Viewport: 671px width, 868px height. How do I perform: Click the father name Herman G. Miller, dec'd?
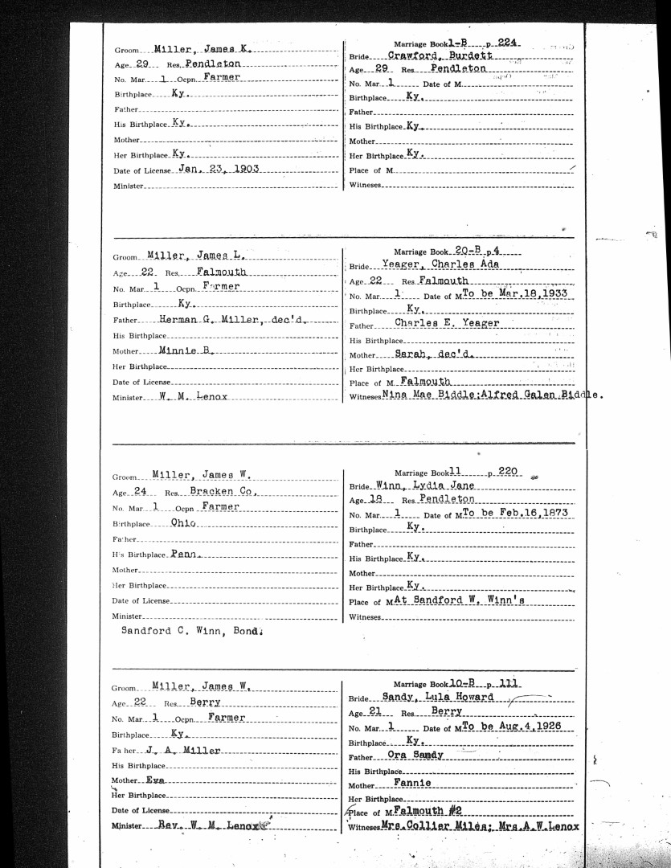(234, 319)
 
